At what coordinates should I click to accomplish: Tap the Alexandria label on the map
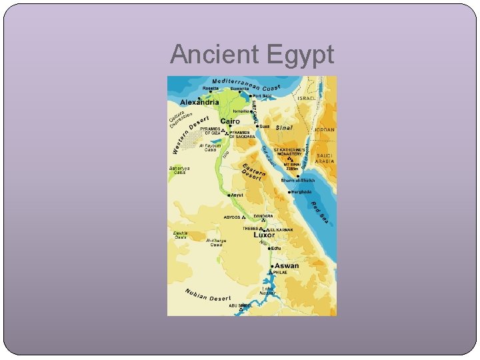(x=199, y=103)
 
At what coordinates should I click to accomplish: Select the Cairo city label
(x=230, y=121)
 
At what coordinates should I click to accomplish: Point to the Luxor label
(x=264, y=235)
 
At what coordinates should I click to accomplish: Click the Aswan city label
(x=287, y=265)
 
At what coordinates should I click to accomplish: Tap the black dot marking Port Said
(x=249, y=95)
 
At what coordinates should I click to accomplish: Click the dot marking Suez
(x=257, y=125)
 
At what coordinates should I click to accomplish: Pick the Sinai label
(x=285, y=127)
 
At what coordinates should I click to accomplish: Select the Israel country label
(x=307, y=98)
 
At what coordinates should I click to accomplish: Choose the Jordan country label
(x=325, y=129)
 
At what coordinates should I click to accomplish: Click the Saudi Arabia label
(x=325, y=158)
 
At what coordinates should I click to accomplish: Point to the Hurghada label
(x=301, y=192)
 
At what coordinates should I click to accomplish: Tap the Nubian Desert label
(x=207, y=296)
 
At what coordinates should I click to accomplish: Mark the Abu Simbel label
(x=241, y=305)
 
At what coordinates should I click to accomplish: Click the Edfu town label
(x=276, y=249)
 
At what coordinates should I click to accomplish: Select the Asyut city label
(x=237, y=195)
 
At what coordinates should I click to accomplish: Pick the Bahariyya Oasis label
(x=180, y=171)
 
